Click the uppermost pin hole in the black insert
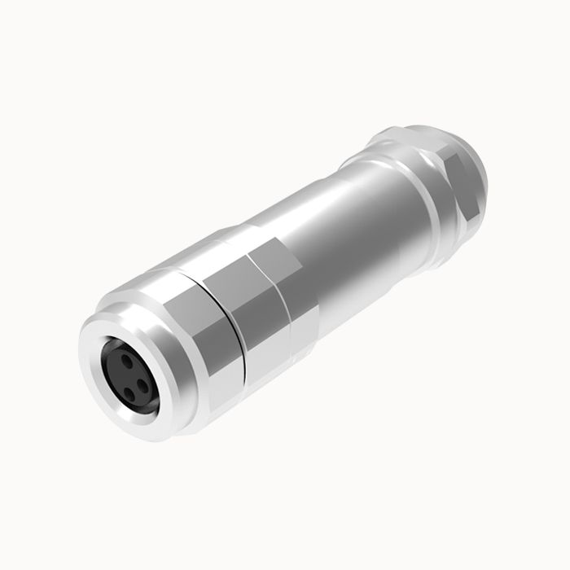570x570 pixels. (124, 357)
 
